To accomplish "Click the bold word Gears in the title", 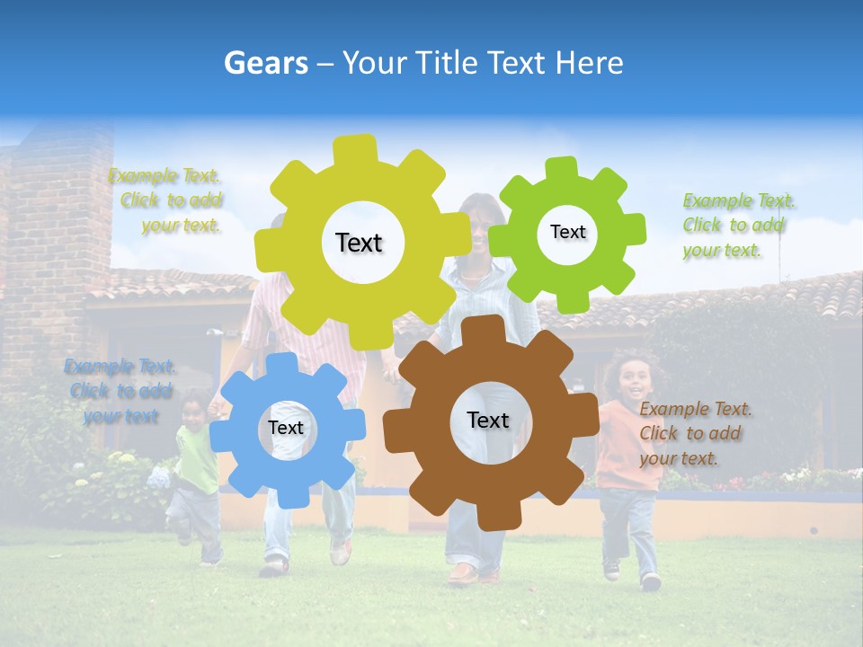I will pos(265,63).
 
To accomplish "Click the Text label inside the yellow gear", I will pos(359,243).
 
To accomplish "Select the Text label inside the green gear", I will pos(567,232).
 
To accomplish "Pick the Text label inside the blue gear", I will pos(286,428).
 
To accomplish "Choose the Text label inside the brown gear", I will pos(488,420).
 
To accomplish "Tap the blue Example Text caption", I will pos(120,391).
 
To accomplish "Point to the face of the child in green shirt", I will pos(193,412).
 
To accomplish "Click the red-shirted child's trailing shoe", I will pos(612,568).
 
